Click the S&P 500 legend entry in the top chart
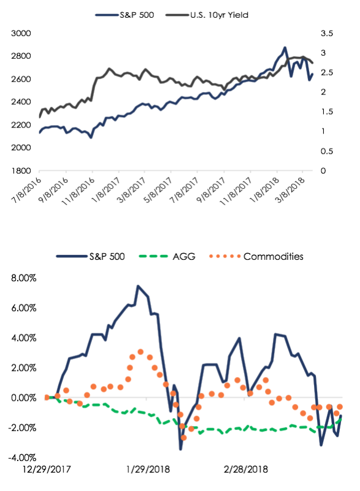click(124, 15)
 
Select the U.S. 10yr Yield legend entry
click(207, 15)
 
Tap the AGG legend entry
click(167, 256)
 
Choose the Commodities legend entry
click(256, 256)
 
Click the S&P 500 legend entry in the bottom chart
click(90, 256)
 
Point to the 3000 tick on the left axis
click(21, 33)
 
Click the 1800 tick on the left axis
click(21, 170)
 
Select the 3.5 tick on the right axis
click(327, 33)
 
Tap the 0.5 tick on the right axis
click(327, 151)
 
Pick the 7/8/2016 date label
click(26, 190)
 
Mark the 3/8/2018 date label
click(290, 190)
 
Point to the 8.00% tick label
click(23, 278)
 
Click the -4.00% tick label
click(22, 458)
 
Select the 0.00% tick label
click(23, 398)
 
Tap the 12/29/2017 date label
click(47, 470)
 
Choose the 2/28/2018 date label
click(246, 470)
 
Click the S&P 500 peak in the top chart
click(285, 48)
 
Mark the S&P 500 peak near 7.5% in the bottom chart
click(138, 286)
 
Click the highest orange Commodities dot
click(140, 352)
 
